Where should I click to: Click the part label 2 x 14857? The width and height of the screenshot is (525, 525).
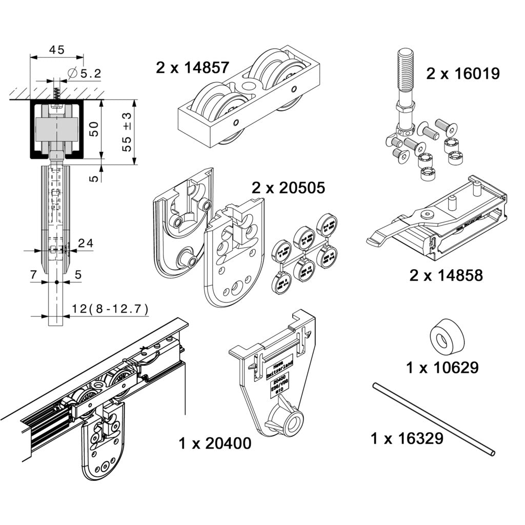tap(193, 67)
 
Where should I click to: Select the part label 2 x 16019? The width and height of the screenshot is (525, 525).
tap(462, 74)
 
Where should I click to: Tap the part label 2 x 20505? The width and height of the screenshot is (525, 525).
tap(288, 188)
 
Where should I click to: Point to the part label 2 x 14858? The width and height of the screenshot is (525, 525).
tap(446, 275)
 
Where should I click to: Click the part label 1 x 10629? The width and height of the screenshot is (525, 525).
tap(442, 368)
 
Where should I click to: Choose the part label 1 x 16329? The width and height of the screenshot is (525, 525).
tap(407, 438)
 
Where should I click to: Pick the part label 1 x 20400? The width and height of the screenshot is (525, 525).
tap(215, 443)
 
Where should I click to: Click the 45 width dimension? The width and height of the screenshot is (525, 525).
tap(56, 50)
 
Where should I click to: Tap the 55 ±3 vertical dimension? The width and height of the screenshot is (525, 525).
tap(127, 132)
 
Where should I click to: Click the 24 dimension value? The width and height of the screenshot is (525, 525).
tap(86, 244)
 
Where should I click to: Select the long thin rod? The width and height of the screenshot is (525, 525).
tap(435, 418)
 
